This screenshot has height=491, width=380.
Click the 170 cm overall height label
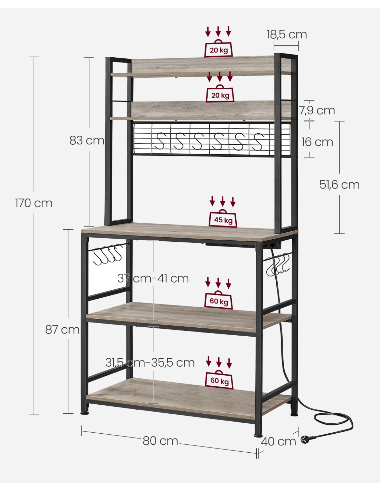tap(34, 203)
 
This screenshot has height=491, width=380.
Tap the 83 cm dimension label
tap(87, 141)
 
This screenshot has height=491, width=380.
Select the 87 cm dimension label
tap(62, 330)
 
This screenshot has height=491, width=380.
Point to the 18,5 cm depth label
tap(287, 35)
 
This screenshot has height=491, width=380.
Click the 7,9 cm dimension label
tap(317, 110)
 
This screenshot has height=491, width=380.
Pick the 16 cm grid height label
tap(317, 142)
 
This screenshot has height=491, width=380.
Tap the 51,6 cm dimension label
tap(339, 185)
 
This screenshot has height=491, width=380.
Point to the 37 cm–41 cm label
tap(153, 278)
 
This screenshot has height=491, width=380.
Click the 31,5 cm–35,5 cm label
tap(150, 363)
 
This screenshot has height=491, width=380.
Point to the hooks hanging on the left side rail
tap(108, 255)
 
